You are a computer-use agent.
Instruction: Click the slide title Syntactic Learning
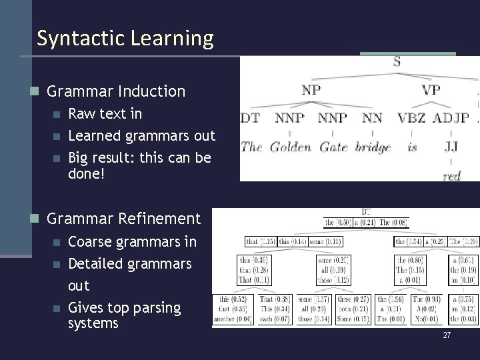[125, 38]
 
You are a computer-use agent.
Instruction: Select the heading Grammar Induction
[116, 91]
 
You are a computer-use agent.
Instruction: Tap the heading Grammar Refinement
[123, 218]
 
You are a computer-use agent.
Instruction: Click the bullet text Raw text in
[105, 113]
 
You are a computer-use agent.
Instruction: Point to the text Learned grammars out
[142, 136]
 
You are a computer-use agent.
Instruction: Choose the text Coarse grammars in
[133, 241]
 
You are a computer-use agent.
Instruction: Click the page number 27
[447, 335]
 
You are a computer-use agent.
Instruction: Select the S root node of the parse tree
[397, 63]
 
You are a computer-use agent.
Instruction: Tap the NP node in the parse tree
[311, 90]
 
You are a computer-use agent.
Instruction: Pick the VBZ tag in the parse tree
[411, 119]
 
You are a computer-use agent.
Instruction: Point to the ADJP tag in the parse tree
[451, 119]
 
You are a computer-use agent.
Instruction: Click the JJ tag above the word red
[451, 147]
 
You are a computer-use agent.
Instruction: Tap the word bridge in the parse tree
[373, 147]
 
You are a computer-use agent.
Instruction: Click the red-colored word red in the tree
[451, 176]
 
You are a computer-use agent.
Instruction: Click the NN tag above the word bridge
[372, 119]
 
